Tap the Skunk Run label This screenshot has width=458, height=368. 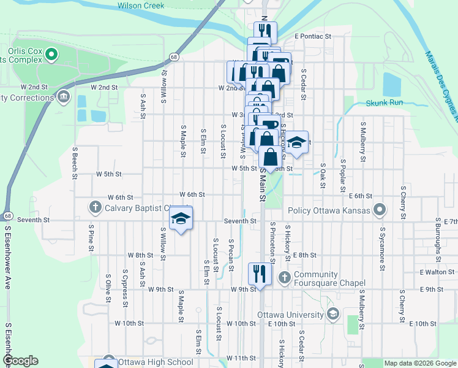(385, 102)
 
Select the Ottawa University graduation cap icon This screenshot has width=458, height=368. (333, 315)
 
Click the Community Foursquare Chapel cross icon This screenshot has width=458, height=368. (284, 278)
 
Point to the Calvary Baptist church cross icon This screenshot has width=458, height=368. (95, 207)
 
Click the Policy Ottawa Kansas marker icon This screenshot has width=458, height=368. (380, 210)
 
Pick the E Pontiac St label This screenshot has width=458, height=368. (312, 36)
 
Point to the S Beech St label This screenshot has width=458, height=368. (75, 163)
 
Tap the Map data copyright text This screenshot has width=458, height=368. (420, 363)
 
